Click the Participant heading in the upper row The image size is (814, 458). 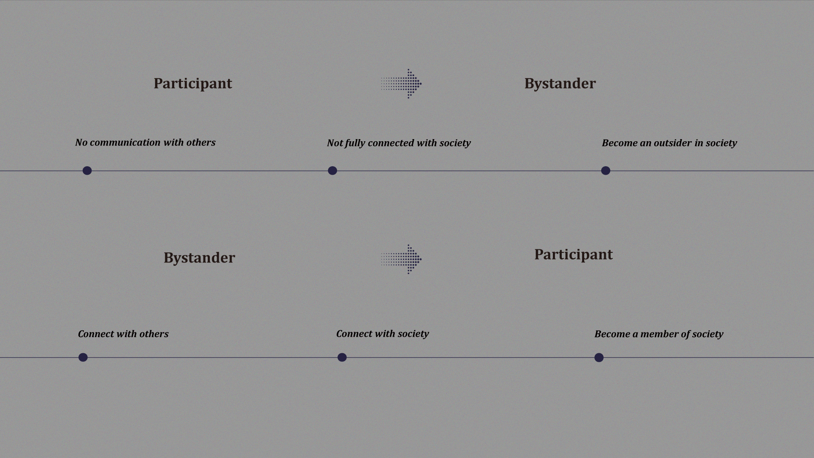pyautogui.click(x=193, y=84)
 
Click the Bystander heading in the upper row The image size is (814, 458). pyautogui.click(x=560, y=84)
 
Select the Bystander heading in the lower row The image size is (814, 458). pyautogui.click(x=199, y=258)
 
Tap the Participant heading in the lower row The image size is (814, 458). pyautogui.click(x=573, y=254)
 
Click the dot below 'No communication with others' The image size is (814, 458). pyautogui.click(x=87, y=170)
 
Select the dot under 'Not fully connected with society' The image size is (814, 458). pyautogui.click(x=332, y=170)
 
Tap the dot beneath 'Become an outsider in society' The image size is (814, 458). pyautogui.click(x=605, y=170)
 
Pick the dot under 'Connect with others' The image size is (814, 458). pyautogui.click(x=83, y=357)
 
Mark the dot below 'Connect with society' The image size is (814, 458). pyautogui.click(x=342, y=357)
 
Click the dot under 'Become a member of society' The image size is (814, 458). pyautogui.click(x=599, y=357)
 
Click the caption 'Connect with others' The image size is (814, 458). pyautogui.click(x=123, y=334)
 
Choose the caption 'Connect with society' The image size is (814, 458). pyautogui.click(x=382, y=334)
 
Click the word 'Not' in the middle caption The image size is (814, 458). pyautogui.click(x=335, y=143)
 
